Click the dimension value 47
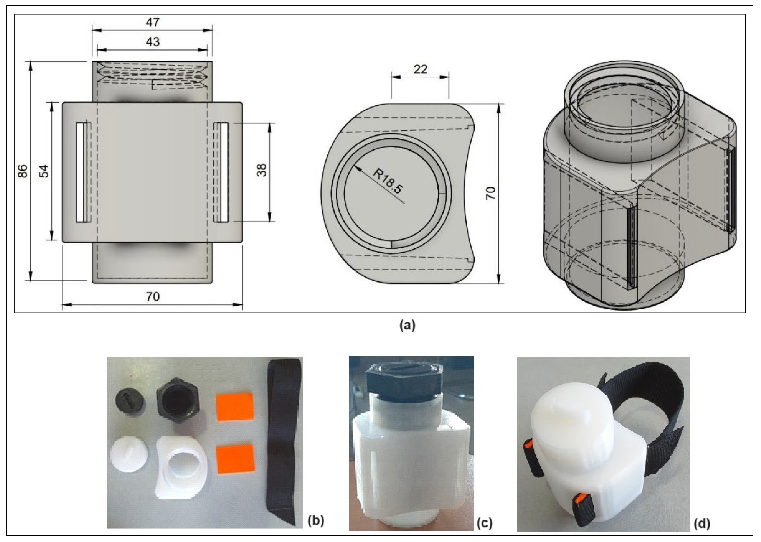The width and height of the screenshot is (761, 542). point(153,22)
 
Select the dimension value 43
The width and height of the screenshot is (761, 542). point(153,42)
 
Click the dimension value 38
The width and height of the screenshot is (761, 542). point(262,170)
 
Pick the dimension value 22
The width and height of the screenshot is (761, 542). point(420,69)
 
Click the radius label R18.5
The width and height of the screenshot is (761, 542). point(388,181)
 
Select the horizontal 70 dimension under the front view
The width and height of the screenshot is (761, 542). point(153,296)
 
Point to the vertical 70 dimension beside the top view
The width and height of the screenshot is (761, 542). point(490,193)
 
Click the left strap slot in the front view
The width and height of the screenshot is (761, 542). point(82,172)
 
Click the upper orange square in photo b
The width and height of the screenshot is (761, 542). point(235,407)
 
